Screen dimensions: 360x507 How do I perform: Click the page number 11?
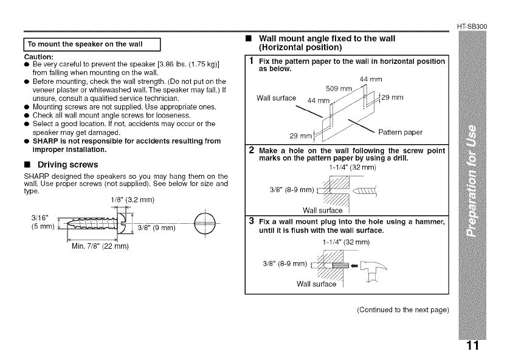[474, 346]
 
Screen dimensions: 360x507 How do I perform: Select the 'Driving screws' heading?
[67, 165]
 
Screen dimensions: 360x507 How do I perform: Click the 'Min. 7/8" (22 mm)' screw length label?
[98, 246]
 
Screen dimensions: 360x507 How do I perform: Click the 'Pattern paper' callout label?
[400, 132]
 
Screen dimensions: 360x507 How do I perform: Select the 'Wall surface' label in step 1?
[276, 98]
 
